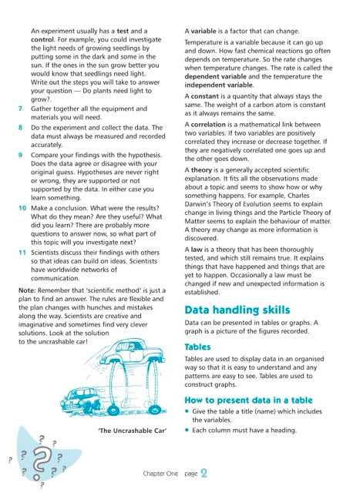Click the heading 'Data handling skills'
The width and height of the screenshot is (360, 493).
tap(237, 310)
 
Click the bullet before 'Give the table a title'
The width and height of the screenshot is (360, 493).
tap(188, 413)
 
